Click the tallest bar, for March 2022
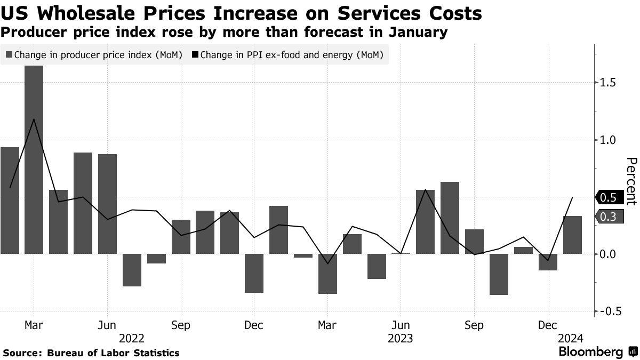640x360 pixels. (x=34, y=160)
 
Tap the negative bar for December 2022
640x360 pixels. (x=254, y=273)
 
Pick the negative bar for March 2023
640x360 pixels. (x=327, y=274)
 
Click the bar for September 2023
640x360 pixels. (x=474, y=242)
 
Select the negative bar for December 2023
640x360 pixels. (x=548, y=262)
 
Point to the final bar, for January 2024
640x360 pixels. (x=572, y=235)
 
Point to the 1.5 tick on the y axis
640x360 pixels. (x=608, y=83)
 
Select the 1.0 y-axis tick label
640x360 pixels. (x=608, y=140)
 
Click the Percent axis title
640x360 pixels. (x=631, y=181)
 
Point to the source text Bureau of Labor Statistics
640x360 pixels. (x=113, y=353)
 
